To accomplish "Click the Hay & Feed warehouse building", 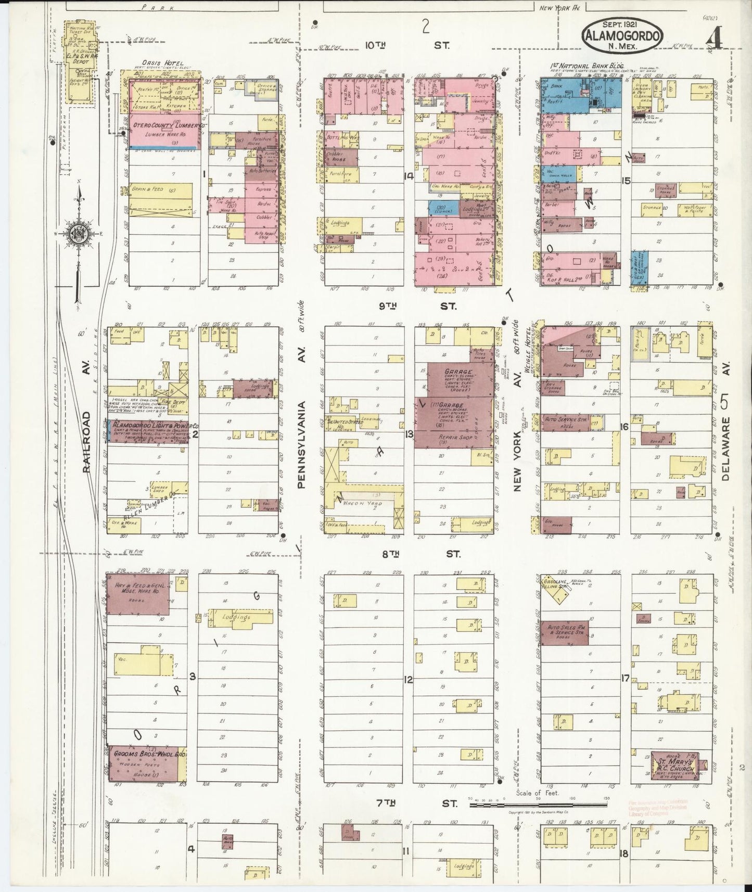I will click(x=137, y=594).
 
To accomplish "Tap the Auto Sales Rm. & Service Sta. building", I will click(x=564, y=632).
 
